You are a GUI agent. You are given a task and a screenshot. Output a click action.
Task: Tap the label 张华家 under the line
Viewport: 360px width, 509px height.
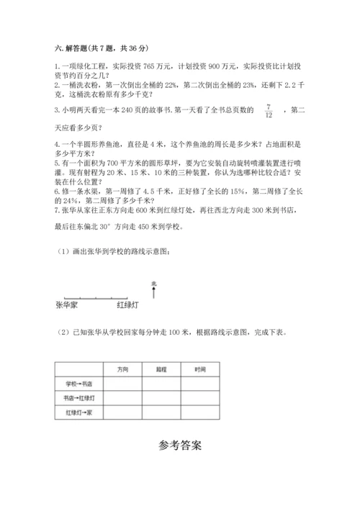pos(66,305)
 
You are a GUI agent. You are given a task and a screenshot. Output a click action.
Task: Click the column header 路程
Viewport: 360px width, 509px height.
pos(161,369)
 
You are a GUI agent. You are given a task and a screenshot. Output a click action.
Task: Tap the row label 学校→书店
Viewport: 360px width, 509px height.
pos(80,384)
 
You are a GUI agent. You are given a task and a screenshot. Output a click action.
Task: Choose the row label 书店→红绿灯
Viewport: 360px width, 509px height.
pos(80,398)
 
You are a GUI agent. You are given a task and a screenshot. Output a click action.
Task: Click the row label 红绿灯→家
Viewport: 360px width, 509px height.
pos(80,413)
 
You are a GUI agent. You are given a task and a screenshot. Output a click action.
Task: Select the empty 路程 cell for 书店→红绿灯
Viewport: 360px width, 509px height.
pos(161,398)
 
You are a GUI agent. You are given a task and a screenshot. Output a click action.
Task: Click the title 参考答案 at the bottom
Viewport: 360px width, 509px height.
pos(180,445)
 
